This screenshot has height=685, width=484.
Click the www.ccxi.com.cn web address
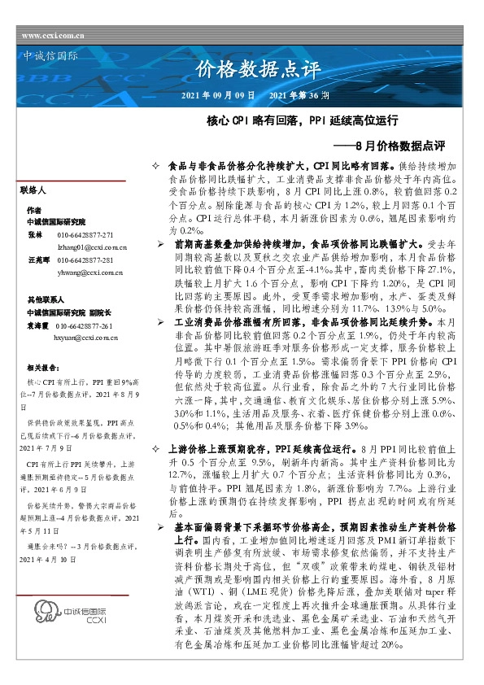(x=53, y=35)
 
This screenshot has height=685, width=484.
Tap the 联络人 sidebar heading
(x=34, y=190)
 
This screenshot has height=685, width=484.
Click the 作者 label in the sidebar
(x=34, y=209)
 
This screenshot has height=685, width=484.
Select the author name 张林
(x=35, y=233)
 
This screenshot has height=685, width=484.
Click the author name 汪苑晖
(x=39, y=260)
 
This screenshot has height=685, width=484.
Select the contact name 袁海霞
(x=39, y=324)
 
